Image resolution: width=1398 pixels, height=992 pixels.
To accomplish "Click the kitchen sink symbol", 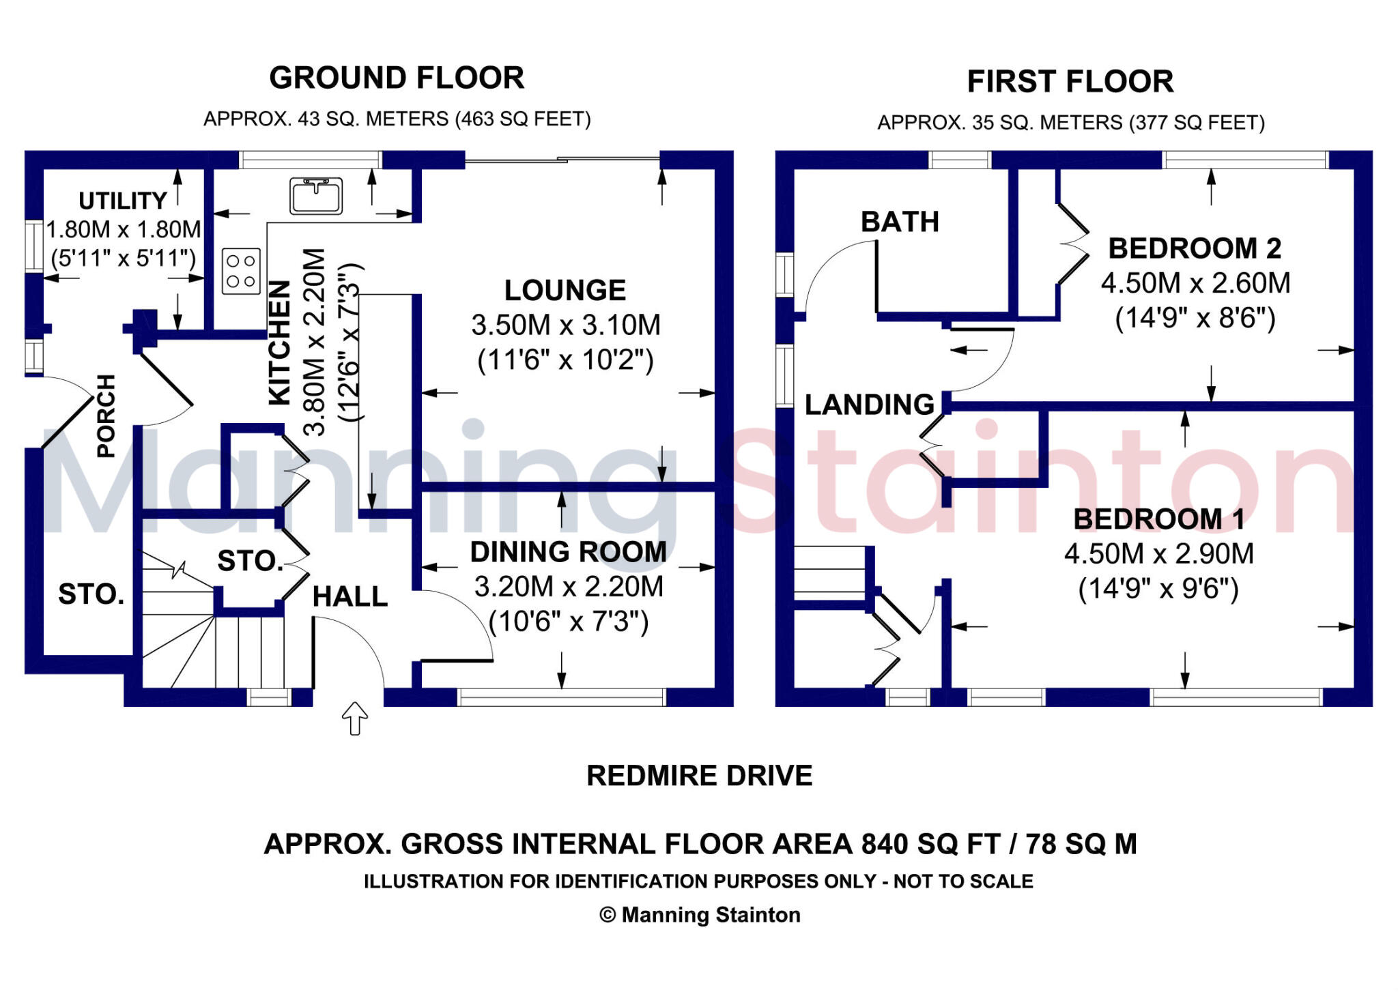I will (316, 196).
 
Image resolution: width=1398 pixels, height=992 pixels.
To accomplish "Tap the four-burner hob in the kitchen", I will (241, 271).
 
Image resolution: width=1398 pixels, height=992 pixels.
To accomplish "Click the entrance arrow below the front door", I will (355, 718).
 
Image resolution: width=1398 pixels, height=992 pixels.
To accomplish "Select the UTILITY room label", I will (123, 201).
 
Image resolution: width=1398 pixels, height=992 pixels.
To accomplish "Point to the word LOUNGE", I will (565, 291).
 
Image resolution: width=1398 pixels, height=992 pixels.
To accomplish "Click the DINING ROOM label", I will (568, 552).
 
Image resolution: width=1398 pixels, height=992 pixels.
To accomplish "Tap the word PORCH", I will (106, 415).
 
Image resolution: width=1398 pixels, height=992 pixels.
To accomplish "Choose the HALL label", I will (349, 597).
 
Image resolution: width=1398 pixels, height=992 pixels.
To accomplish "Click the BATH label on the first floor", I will (900, 222).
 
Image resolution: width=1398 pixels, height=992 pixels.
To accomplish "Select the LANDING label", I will (869, 405).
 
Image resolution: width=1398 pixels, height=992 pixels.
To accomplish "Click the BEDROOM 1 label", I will (1158, 519).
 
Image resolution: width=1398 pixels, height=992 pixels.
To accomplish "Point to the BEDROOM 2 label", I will (1194, 248).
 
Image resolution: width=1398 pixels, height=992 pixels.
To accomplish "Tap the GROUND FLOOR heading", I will (397, 78).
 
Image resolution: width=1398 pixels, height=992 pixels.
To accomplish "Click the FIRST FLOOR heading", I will (1070, 82).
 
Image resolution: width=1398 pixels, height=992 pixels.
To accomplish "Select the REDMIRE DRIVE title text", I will (699, 776).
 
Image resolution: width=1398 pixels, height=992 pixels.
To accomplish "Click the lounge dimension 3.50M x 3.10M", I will (566, 325).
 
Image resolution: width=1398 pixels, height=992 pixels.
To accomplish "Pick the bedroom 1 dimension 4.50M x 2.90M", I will (1158, 554).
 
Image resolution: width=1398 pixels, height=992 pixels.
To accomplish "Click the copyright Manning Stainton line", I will (699, 915).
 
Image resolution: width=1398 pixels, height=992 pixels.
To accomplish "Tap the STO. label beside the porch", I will (91, 594).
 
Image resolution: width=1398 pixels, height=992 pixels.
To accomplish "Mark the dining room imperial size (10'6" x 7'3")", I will (569, 622).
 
